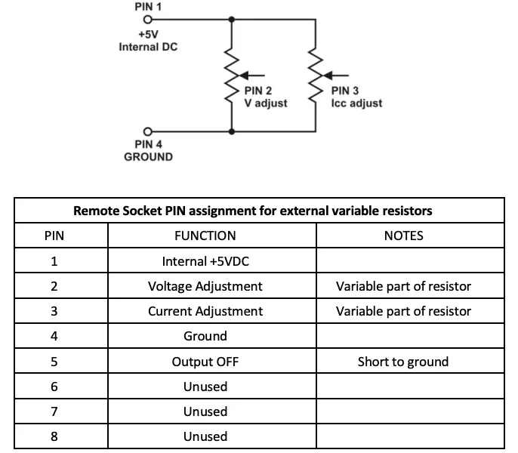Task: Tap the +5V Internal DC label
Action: coord(148,41)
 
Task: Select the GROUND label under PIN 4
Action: coord(148,157)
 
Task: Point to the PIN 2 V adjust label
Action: coord(265,97)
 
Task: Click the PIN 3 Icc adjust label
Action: coord(356,97)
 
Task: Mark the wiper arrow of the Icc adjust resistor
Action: coord(338,75)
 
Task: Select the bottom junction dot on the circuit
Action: coord(230,131)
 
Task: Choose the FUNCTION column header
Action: coord(205,236)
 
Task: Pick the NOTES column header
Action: coord(403,236)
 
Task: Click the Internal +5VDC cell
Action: coord(205,261)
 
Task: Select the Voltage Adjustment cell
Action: coord(205,286)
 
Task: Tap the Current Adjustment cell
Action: coord(205,311)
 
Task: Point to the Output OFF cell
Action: coord(205,362)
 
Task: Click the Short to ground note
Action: coord(403,362)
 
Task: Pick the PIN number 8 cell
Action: coord(54,436)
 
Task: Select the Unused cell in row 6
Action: coord(205,387)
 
